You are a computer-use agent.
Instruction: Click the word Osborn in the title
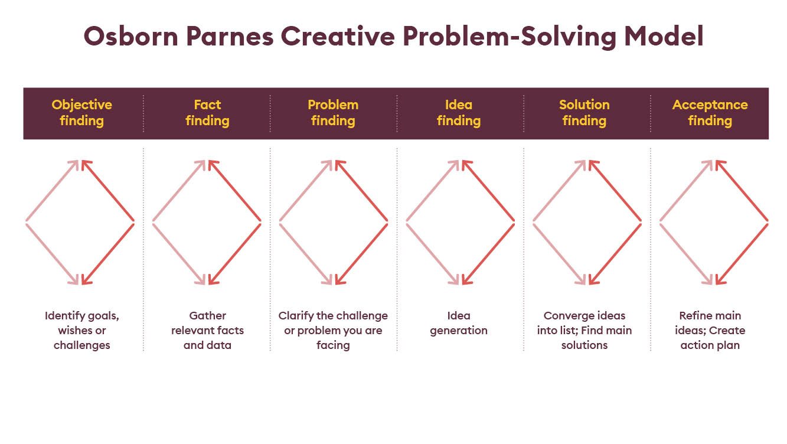coord(131,36)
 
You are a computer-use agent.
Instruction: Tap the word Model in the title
coord(664,36)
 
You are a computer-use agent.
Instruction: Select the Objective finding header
coord(82,113)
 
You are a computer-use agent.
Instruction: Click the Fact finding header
coord(207,113)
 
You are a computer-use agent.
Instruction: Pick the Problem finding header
coord(333,113)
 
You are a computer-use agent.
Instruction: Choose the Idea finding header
coord(459,113)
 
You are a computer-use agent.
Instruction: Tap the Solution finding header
coord(584,113)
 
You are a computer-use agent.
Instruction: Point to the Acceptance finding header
coord(710,113)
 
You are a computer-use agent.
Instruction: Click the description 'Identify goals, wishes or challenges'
coord(82,331)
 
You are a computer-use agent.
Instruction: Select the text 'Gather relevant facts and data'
coord(207,331)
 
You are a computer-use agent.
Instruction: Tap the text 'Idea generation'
coord(459,323)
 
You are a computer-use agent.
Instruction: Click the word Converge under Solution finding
coord(565,316)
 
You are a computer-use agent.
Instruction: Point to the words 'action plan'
coord(710,345)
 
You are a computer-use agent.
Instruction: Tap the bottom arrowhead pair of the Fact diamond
coord(207,279)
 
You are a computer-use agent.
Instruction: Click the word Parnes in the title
coord(230,36)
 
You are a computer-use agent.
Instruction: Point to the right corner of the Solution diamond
coord(641,221)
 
